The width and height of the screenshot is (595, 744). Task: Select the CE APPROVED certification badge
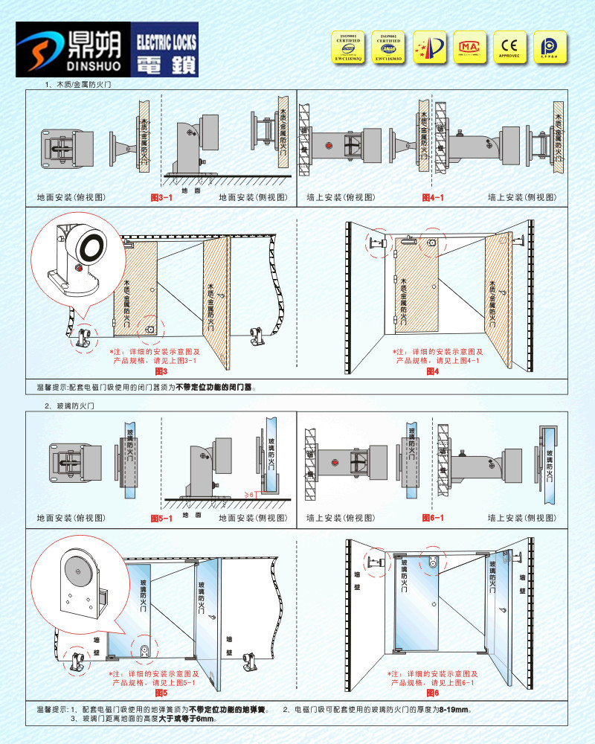pos(510,45)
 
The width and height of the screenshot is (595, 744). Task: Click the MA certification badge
pos(469,45)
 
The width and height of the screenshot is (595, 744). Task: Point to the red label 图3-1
pos(162,198)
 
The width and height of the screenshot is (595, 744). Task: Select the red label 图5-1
pos(162,517)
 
